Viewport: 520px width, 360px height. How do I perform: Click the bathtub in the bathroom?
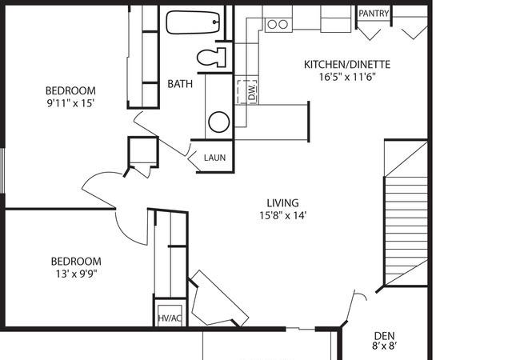pos(193,22)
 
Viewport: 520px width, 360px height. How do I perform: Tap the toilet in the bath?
pos(211,58)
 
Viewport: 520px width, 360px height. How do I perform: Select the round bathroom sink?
pos(219,122)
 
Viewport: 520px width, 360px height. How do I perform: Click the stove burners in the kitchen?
pos(278,24)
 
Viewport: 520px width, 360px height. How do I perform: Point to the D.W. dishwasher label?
pos(252,92)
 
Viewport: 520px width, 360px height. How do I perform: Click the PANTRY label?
pos(374,14)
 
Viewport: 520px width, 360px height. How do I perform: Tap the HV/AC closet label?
pos(170,318)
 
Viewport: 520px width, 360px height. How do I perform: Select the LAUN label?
pos(215,158)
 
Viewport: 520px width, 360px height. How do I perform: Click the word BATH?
pos(180,84)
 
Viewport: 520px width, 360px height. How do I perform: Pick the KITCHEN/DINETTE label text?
pos(347,64)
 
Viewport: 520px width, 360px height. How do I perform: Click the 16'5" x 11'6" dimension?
pos(347,78)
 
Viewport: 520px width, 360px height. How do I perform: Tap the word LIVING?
pos(283,203)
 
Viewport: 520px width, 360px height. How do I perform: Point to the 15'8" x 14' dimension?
pos(283,216)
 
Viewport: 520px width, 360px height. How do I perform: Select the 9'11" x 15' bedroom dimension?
pos(71,103)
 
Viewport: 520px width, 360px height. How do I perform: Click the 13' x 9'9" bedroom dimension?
pos(76,274)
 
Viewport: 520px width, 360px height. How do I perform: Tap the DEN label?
pos(384,335)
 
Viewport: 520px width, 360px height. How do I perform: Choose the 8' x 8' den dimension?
pos(384,346)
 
